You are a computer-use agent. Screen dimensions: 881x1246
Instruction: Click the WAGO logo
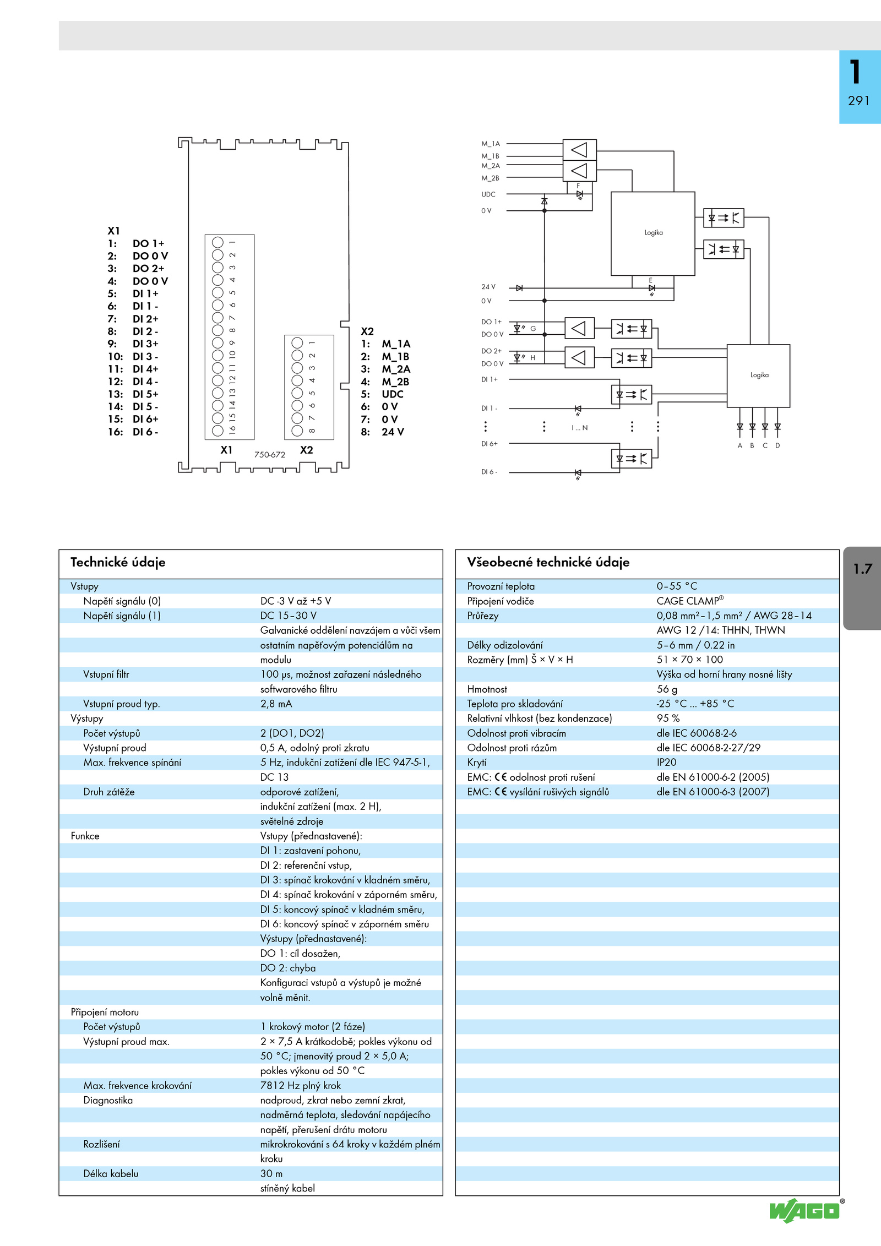point(804,1211)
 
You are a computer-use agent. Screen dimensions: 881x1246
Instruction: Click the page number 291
point(858,101)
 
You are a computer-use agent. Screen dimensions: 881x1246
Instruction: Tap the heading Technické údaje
point(118,562)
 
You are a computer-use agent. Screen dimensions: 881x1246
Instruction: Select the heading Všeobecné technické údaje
point(548,562)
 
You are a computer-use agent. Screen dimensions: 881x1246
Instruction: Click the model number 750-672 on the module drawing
point(270,455)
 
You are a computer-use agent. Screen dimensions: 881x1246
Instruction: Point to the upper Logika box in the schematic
point(652,233)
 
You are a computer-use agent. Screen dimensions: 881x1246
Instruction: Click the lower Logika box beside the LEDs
point(758,376)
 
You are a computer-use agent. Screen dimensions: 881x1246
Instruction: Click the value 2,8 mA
point(276,704)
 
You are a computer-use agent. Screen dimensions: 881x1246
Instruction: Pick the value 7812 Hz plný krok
point(301,1085)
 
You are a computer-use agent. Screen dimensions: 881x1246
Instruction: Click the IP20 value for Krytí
point(666,763)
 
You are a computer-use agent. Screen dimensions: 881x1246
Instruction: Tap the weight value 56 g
point(667,689)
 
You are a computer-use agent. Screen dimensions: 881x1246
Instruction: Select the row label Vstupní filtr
point(106,674)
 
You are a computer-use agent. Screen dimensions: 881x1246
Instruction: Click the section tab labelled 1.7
point(862,569)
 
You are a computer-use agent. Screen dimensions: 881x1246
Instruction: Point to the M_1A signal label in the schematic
point(491,144)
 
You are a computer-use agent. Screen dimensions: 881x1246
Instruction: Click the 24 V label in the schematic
point(488,287)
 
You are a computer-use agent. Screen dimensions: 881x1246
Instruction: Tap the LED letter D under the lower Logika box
point(777,445)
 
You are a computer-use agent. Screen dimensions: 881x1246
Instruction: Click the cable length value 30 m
point(271,1173)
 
